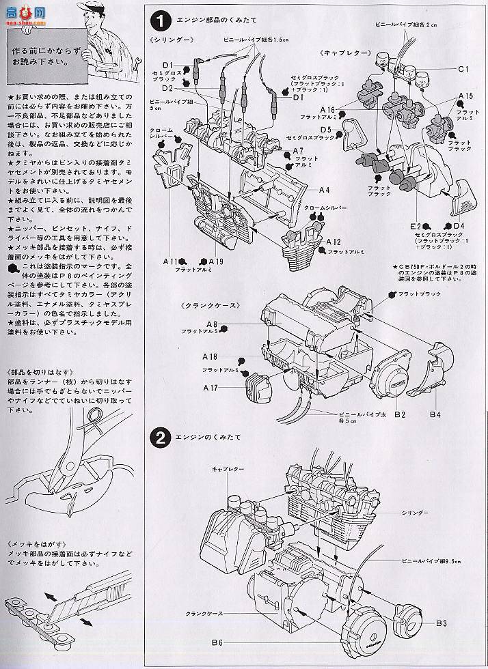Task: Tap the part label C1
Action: pyautogui.click(x=463, y=69)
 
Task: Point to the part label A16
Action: pyautogui.click(x=326, y=110)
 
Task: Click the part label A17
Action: pyautogui.click(x=211, y=388)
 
